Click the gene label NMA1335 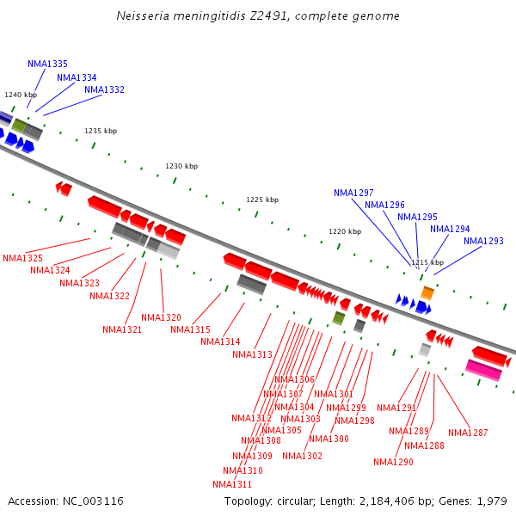pyautogui.click(x=47, y=64)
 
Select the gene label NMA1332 pyautogui.click(x=104, y=89)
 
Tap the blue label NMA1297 pyautogui.click(x=353, y=193)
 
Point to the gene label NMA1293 pyautogui.click(x=483, y=241)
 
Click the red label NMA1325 pyautogui.click(x=22, y=258)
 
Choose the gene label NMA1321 pyautogui.click(x=122, y=329)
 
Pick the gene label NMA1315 pyautogui.click(x=190, y=329)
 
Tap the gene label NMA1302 pyautogui.click(x=302, y=456)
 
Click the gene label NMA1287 pyautogui.click(x=468, y=433)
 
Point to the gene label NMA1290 pyautogui.click(x=393, y=462)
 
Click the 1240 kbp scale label pyautogui.click(x=21, y=95)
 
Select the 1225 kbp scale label pyautogui.click(x=262, y=200)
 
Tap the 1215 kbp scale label pyautogui.click(x=427, y=262)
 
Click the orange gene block pyautogui.click(x=427, y=293)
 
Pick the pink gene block pyautogui.click(x=483, y=370)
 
